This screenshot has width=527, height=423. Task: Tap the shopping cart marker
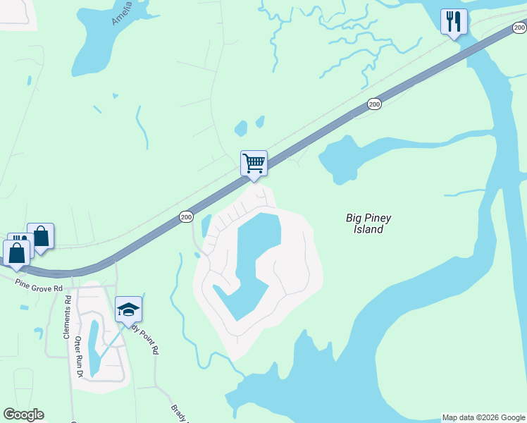254,164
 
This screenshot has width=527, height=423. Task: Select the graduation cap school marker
128,309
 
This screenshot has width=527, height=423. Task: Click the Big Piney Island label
368,223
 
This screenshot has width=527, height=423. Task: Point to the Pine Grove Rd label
39,284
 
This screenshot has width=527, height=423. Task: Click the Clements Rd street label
68,317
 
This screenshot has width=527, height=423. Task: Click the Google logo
23,415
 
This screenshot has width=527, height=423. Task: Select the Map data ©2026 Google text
483,417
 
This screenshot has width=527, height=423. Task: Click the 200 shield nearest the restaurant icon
519,28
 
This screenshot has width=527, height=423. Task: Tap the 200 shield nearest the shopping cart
186,216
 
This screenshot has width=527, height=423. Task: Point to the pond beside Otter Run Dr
94,345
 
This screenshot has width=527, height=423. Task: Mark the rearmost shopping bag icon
41,236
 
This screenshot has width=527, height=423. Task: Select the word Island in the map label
368,229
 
